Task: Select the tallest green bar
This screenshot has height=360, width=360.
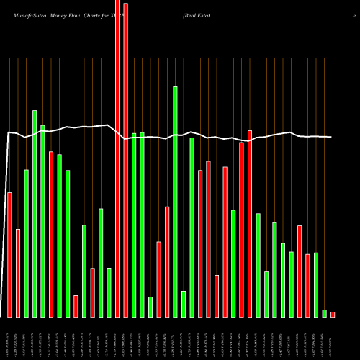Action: tap(175, 202)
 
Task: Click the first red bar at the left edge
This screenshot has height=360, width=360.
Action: tap(9, 255)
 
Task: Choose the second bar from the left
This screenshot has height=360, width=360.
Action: tap(18, 273)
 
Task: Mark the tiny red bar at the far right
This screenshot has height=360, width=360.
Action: tap(333, 314)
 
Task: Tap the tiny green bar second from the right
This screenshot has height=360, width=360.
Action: tap(324, 313)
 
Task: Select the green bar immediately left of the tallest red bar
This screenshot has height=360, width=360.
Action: tap(109, 292)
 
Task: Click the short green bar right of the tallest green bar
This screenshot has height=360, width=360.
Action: tap(184, 304)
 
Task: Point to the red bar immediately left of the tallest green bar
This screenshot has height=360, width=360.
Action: tap(167, 262)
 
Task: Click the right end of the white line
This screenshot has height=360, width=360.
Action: tap(331, 137)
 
